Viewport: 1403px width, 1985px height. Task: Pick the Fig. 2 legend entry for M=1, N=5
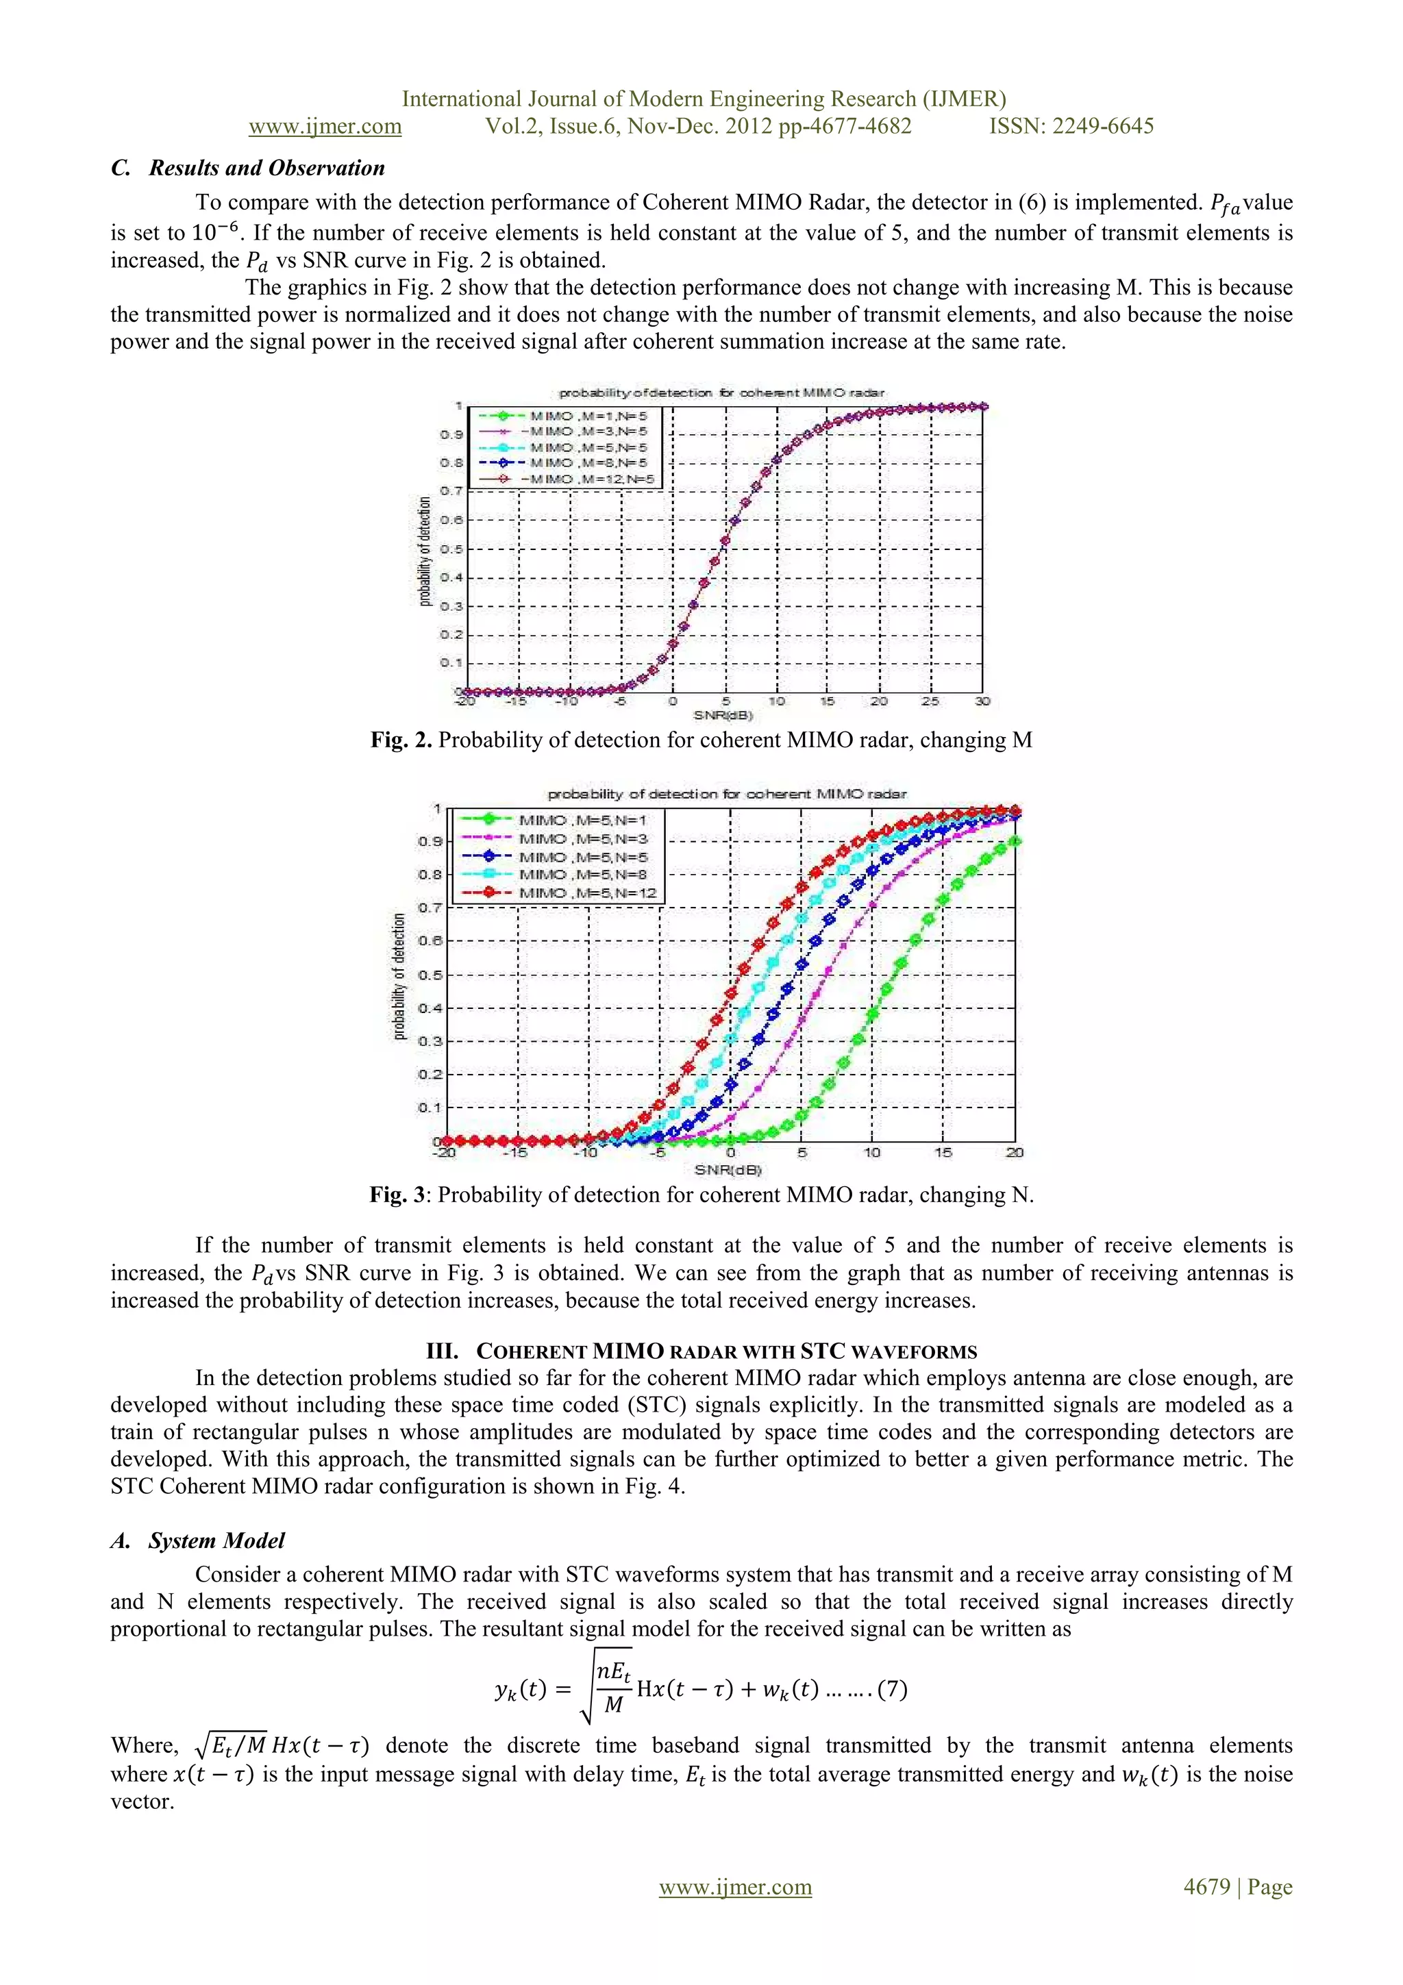tap(588, 416)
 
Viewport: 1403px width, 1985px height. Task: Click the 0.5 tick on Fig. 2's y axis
tap(451, 549)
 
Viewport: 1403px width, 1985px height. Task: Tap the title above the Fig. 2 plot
tap(721, 392)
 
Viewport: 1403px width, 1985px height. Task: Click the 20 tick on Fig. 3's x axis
tap(1014, 1153)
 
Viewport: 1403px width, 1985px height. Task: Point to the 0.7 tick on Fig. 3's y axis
tap(432, 908)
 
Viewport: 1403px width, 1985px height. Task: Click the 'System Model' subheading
tap(215, 1540)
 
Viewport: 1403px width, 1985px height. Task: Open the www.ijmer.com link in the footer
tap(735, 1886)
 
